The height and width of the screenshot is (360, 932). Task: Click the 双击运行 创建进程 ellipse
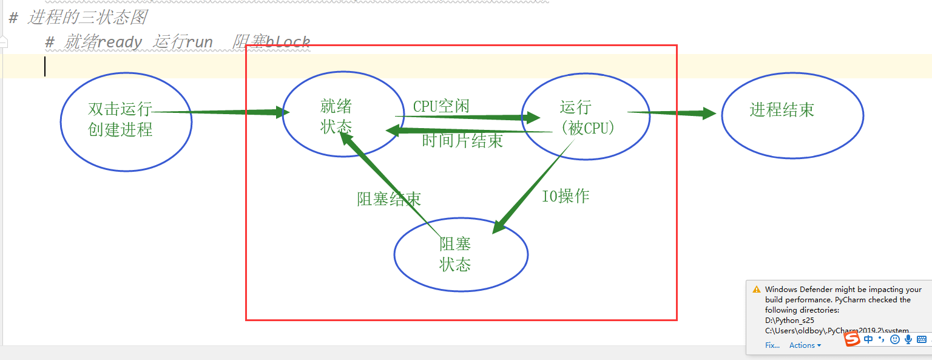[126, 121]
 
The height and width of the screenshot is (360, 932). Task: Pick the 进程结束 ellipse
[792, 115]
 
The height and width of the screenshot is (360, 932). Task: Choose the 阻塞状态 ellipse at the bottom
[461, 254]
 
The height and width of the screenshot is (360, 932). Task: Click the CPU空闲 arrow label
[441, 106]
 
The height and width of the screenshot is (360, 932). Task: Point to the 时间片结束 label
[462, 141]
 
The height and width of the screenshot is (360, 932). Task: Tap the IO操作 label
[565, 196]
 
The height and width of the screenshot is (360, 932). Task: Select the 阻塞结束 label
[389, 199]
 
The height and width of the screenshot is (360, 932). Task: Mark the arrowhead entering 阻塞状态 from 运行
[499, 226]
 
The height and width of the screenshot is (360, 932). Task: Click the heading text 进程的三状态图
[87, 17]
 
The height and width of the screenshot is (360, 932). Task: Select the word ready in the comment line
[120, 42]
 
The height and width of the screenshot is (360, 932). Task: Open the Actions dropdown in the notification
[805, 345]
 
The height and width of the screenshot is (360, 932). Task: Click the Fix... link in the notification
[772, 345]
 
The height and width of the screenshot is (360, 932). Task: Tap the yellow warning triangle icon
[756, 290]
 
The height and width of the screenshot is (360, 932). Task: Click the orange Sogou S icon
[853, 339]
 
